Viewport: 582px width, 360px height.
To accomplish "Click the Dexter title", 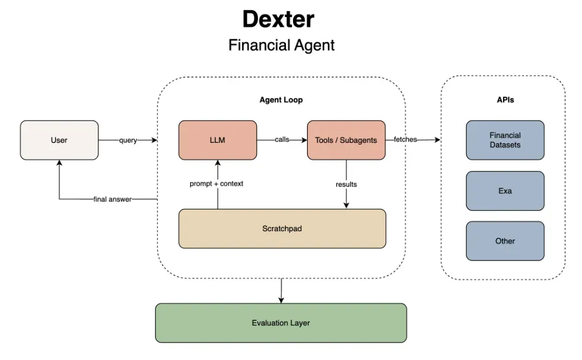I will point(278,19).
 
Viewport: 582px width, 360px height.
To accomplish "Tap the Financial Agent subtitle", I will point(281,45).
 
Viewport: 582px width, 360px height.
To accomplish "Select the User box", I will point(59,140).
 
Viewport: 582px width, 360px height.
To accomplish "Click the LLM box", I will point(218,140).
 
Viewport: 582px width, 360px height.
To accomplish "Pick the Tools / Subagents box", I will point(346,140).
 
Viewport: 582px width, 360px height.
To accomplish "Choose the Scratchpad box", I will point(282,228).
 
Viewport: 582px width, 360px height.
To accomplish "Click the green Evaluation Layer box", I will point(281,323).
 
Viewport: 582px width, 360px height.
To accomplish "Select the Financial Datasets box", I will point(505,140).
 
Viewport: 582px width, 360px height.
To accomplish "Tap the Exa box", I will point(505,191).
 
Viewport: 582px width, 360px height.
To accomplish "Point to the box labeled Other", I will point(505,241).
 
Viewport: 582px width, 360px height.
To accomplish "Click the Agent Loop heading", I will point(281,100).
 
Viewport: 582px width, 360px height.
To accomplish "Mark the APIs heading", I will point(505,100).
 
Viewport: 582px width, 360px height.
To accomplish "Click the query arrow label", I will point(128,140).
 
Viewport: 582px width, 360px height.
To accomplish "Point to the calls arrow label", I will point(282,140).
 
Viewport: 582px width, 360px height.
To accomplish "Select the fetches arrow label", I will point(405,140).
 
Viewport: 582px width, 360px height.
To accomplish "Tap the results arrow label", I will point(346,184).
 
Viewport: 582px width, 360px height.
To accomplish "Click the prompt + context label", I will point(216,184).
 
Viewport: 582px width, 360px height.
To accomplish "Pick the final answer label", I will point(112,200).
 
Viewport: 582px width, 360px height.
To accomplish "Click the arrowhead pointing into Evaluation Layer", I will point(281,300).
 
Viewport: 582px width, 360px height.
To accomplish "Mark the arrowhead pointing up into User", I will point(59,163).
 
